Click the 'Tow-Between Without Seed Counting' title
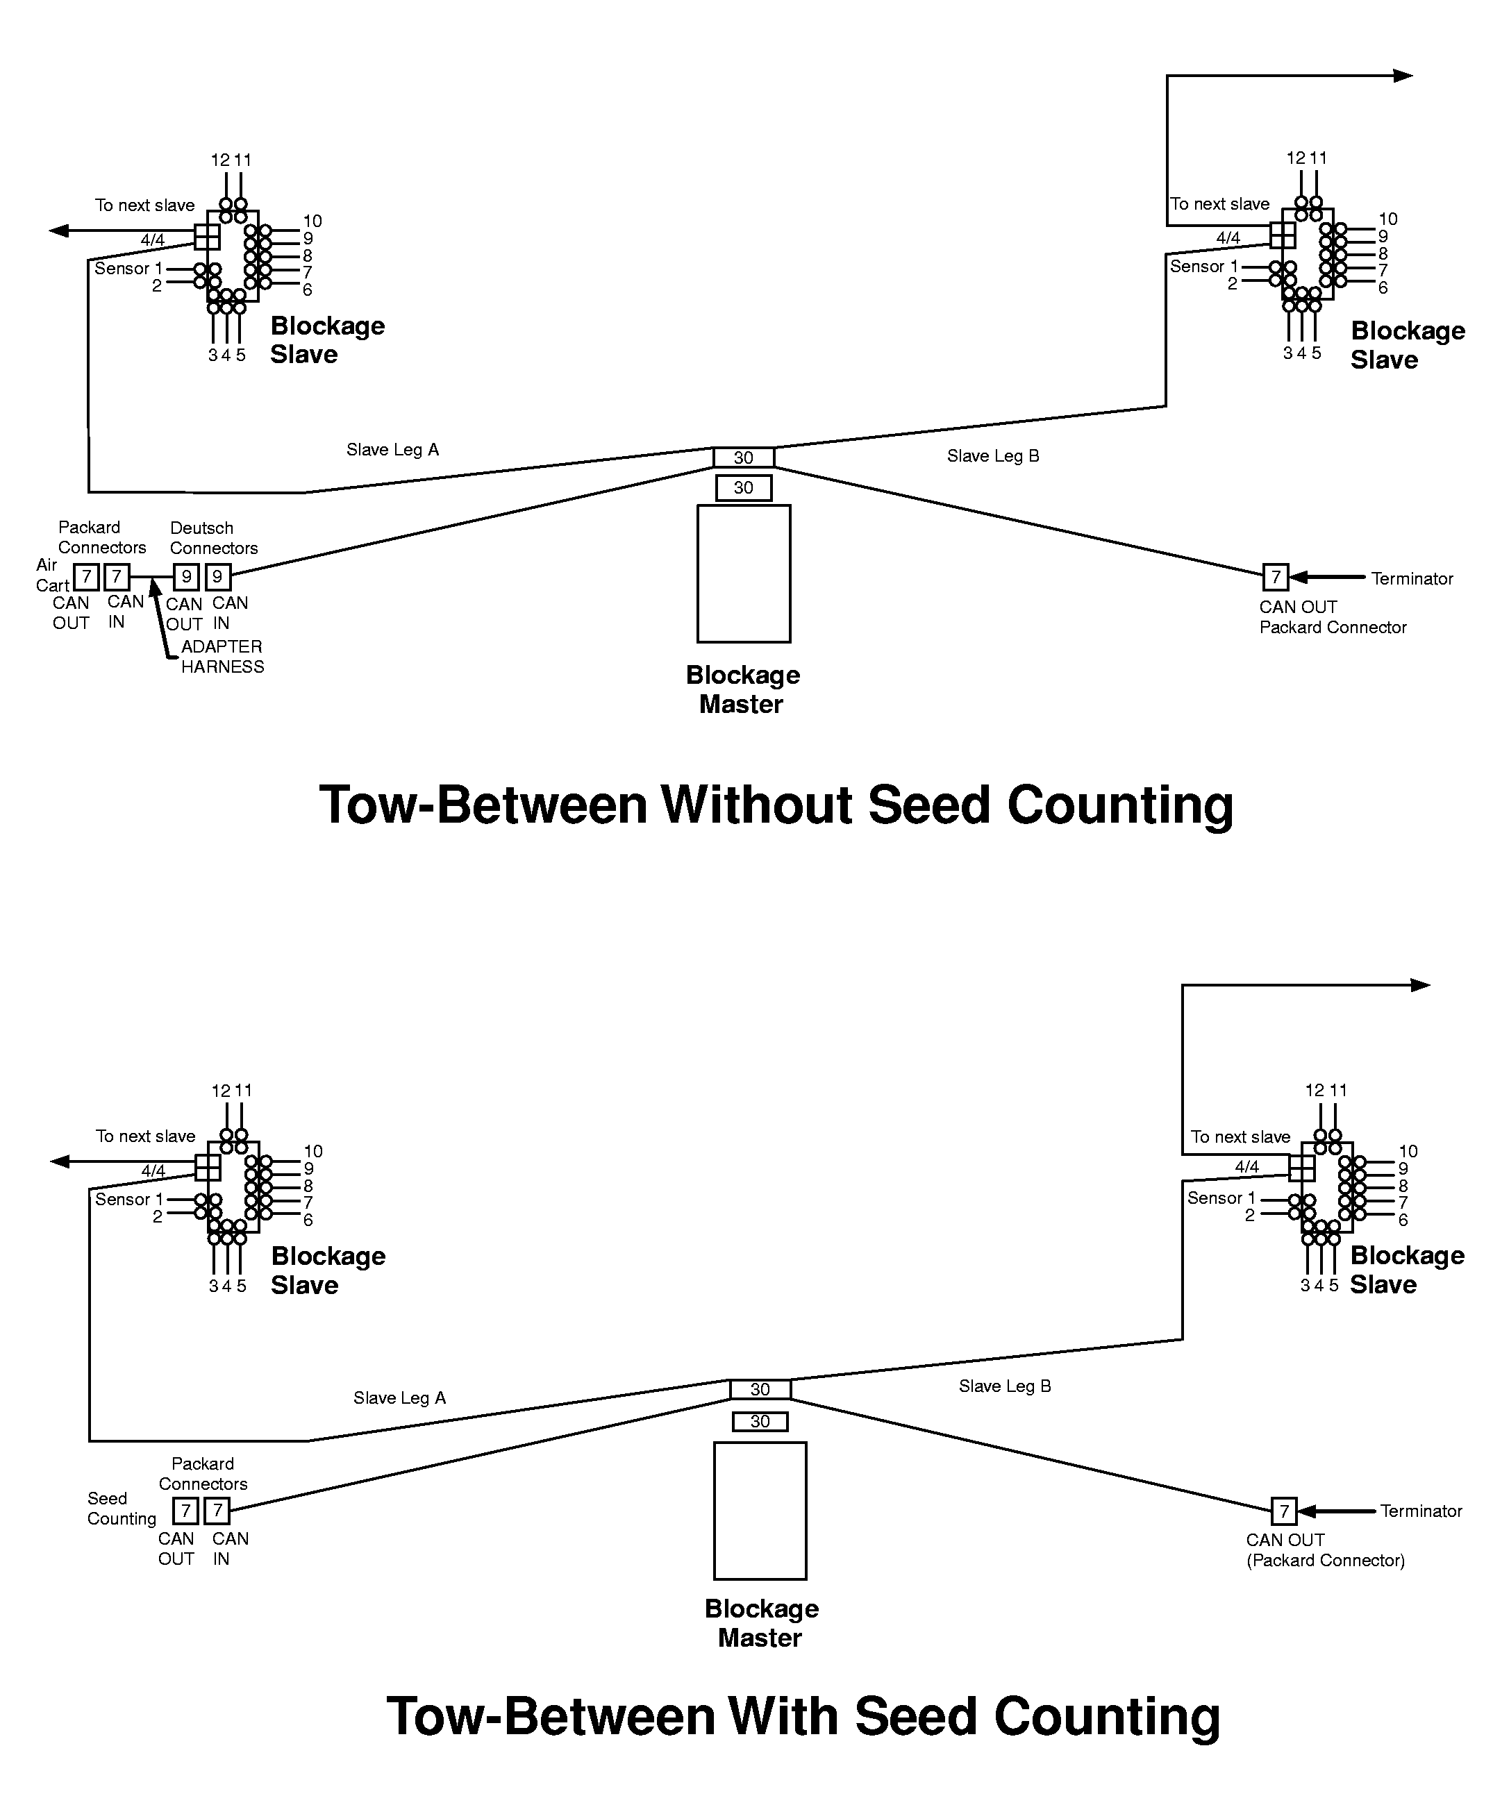pos(776,805)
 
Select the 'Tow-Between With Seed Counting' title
pos(803,1716)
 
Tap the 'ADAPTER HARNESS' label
pos(222,657)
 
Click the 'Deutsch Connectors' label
pos(213,538)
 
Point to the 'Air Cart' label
pos(51,575)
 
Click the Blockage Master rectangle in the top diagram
pos(744,573)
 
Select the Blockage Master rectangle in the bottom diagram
pos(760,1510)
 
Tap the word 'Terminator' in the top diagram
pos(1411,578)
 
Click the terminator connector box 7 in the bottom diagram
pos(1283,1510)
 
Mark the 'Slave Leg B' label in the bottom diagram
pos(1005,1386)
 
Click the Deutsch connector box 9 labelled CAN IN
pos(218,577)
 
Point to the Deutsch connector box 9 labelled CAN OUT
pos(187,577)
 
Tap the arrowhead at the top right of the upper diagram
pos(1403,76)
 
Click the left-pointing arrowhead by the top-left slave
pos(59,230)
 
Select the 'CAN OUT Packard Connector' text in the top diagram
pos(1333,617)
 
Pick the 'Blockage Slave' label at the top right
pos(1407,344)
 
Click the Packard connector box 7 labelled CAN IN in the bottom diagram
pos(217,1510)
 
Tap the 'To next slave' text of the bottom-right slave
pos(1240,1137)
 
